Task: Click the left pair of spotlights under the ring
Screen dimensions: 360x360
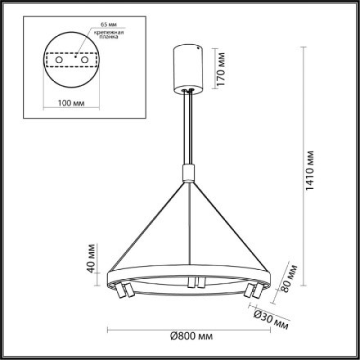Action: pyautogui.click(x=124, y=290)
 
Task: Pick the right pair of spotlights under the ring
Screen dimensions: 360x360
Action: pyautogui.click(x=254, y=290)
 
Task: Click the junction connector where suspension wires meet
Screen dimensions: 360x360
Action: pyautogui.click(x=189, y=173)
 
